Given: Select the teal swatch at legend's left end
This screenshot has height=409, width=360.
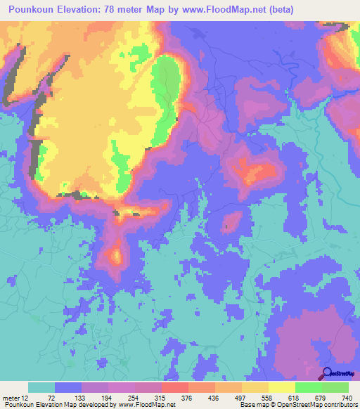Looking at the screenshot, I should tap(41, 387).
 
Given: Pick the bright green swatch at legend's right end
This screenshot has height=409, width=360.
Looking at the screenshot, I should tap(335, 387).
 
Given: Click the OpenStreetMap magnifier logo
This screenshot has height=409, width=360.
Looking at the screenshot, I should tap(327, 373).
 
